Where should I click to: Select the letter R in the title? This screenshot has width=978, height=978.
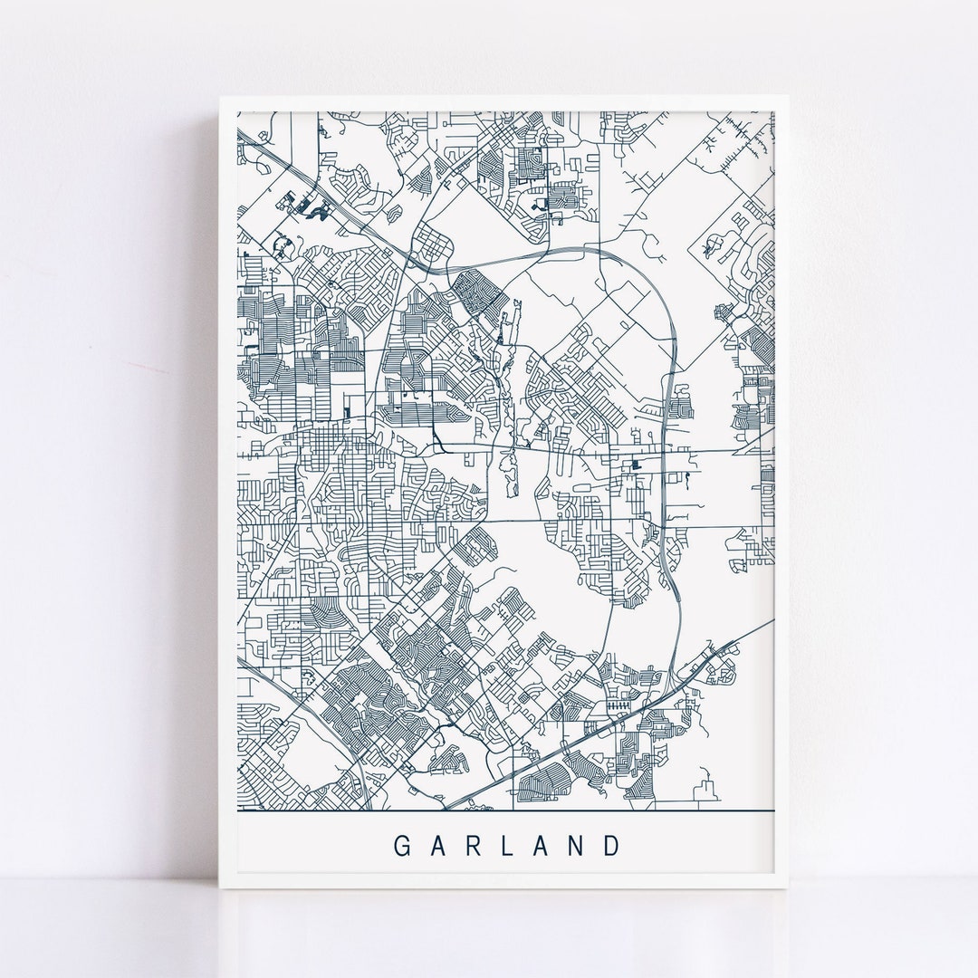pos(473,846)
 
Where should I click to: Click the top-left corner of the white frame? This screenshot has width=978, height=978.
pos(219,96)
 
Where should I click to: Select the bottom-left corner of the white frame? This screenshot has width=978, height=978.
pos(219,891)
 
